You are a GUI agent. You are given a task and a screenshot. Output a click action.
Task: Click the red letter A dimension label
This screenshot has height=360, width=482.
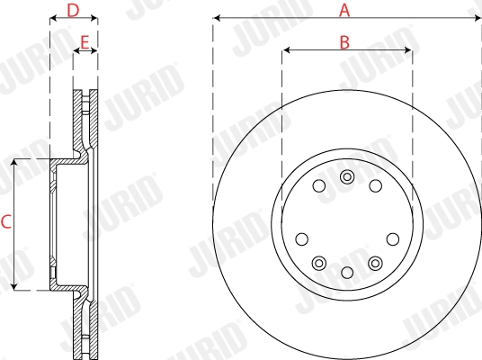pos(344,10)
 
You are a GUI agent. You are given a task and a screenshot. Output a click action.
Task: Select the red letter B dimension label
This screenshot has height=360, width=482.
pos(344,41)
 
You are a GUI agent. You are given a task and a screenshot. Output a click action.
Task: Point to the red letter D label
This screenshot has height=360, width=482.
pos(74,10)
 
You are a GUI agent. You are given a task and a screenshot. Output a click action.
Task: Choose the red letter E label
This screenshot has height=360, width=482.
pos(85,41)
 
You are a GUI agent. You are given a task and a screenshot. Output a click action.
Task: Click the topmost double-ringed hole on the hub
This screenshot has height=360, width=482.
pos(347,176)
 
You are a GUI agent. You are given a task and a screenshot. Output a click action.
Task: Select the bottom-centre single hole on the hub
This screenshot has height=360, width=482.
pos(347,271)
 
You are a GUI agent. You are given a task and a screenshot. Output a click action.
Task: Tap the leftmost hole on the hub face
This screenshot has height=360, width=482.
pos(302,239)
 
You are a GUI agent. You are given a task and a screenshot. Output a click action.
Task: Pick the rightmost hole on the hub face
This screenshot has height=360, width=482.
pos(392,239)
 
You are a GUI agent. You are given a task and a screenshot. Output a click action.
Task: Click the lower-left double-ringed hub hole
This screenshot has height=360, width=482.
pos(319,262)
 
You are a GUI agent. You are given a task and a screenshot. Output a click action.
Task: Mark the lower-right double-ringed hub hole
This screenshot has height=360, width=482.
pos(375,262)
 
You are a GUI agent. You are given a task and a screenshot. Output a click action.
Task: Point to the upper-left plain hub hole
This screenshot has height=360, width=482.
pos(318,186)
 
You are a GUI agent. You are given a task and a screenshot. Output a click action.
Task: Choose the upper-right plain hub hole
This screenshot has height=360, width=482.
pos(375,186)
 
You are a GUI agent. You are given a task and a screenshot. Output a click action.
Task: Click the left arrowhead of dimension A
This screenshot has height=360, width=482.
pos(218,18)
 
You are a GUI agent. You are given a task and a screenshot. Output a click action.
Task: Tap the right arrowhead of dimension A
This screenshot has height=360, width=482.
pos(477,18)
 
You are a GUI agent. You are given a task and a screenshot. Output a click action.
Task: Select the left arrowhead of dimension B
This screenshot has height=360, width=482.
pos(286,49)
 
